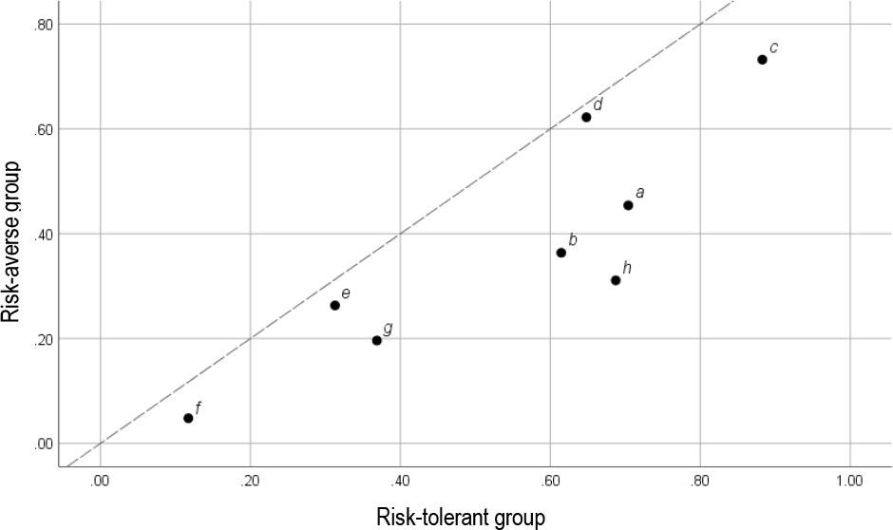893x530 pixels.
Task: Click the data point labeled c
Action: pos(762,60)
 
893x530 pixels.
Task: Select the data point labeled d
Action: pos(586,117)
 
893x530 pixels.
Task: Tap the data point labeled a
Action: pos(628,205)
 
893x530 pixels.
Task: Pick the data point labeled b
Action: pos(561,253)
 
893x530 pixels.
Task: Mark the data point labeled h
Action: pos(616,280)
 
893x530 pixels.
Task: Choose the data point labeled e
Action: pos(335,306)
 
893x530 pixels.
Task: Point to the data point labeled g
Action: pos(377,340)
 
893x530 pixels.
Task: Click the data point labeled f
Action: pos(188,418)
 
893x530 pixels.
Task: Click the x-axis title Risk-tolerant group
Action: pos(461,517)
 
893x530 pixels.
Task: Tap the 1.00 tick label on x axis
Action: pos(848,481)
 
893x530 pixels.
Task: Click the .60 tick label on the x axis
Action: pos(550,481)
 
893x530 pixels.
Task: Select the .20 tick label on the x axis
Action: pos(249,481)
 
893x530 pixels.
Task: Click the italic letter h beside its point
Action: pos(627,268)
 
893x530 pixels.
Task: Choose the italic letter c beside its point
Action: pos(773,47)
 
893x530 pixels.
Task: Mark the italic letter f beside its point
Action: pos(198,407)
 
